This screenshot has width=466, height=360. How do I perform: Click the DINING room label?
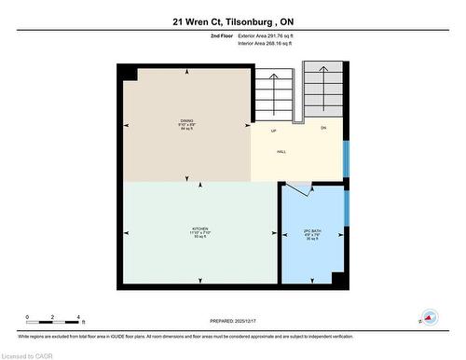click(186, 121)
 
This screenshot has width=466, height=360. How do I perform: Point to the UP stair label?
click(274, 130)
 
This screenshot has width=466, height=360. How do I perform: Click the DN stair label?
click(323, 127)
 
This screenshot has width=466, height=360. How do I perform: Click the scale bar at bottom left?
click(53, 318)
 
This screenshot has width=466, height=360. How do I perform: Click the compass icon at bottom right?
click(429, 316)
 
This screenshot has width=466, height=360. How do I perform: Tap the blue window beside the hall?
click(346, 159)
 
